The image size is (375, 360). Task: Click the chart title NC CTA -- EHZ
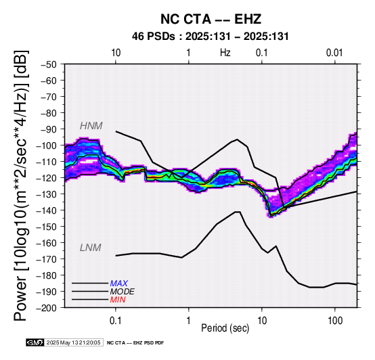pyautogui.click(x=211, y=19)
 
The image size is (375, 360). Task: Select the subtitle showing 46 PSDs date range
pyautogui.click(x=211, y=37)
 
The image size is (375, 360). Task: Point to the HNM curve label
pyautogui.click(x=91, y=126)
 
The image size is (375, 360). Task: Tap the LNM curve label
pyautogui.click(x=91, y=248)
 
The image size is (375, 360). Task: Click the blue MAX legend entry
pyautogui.click(x=119, y=284)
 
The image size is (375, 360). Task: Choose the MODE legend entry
pyautogui.click(x=123, y=292)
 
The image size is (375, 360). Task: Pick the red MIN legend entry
pyautogui.click(x=118, y=300)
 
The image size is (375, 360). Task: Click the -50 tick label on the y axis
pyautogui.click(x=49, y=64)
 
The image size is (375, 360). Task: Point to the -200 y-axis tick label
pyautogui.click(x=47, y=308)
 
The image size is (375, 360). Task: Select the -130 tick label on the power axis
pyautogui.click(x=47, y=194)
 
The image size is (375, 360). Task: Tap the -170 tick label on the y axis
pyautogui.click(x=47, y=259)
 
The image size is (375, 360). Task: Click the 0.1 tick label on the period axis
pyautogui.click(x=116, y=321)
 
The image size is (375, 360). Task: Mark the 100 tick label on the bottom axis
pyautogui.click(x=335, y=321)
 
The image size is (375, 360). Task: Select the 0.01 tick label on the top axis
pyautogui.click(x=334, y=53)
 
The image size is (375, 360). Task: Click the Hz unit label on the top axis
pyautogui.click(x=225, y=53)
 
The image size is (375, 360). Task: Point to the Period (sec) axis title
pyautogui.click(x=225, y=328)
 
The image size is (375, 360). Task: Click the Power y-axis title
pyautogui.click(x=20, y=185)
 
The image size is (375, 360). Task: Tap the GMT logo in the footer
pyautogui.click(x=35, y=343)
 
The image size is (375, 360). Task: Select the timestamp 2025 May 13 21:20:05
pyautogui.click(x=73, y=343)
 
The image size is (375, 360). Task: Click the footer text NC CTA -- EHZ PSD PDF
pyautogui.click(x=135, y=343)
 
